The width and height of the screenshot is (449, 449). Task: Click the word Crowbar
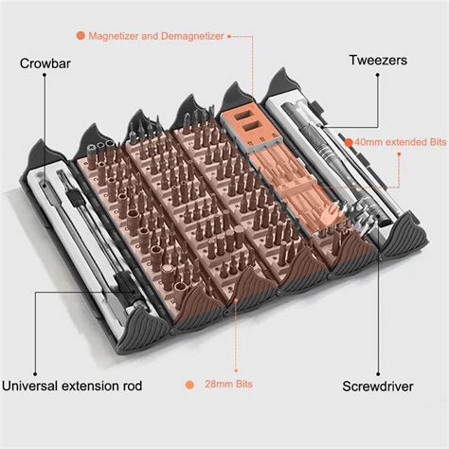[48, 65]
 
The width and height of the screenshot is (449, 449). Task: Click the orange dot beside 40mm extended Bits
[348, 142]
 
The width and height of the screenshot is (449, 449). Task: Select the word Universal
[37, 386]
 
